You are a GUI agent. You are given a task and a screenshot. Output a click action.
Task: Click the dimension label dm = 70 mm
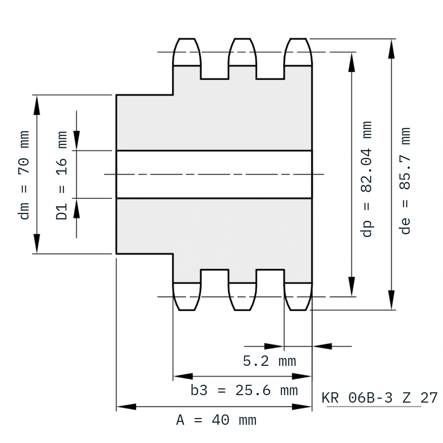(x=24, y=175)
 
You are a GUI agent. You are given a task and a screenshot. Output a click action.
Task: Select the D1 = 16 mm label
(x=61, y=175)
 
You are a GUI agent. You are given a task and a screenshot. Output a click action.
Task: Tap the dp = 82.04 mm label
(x=366, y=179)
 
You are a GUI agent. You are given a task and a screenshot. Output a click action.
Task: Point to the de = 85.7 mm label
(x=405, y=181)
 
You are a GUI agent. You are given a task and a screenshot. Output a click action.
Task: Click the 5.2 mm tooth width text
(x=269, y=361)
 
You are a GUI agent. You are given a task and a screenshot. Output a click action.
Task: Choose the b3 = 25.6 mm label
(x=244, y=390)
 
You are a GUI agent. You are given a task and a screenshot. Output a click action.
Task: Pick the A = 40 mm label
(x=216, y=420)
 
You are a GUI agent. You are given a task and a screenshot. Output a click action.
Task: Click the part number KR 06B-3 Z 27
(x=379, y=398)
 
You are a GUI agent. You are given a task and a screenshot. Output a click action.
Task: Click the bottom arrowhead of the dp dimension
(x=352, y=286)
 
